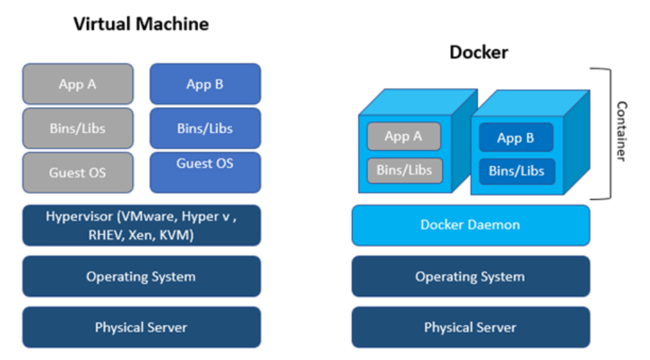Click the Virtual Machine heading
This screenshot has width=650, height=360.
pos(141,25)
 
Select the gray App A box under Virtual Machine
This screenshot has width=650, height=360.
pos(78,84)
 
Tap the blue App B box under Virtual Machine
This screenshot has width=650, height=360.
pos(205,84)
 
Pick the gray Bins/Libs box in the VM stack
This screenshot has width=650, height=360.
pos(78,128)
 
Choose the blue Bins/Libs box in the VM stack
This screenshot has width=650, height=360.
pos(205,128)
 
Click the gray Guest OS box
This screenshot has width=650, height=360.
pos(78,172)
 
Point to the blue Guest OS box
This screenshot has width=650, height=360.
pos(205,172)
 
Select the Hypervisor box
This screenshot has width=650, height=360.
pos(141,225)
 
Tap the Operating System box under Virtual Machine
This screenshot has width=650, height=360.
pos(141,276)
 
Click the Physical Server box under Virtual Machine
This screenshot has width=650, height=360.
pos(141,327)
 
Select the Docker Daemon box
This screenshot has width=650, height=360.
pos(470,225)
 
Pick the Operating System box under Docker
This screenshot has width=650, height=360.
pos(470,276)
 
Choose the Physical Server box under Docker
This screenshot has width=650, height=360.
pos(470,327)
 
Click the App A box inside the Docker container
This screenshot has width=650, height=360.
pos(404,136)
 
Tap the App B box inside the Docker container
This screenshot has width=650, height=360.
pos(516,138)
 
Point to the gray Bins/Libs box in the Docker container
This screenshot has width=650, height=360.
pos(404,170)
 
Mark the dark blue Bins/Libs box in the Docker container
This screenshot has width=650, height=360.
pos(516,171)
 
